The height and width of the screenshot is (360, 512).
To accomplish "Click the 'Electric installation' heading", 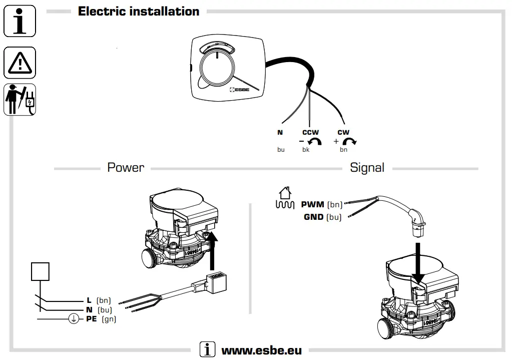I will click(x=139, y=12).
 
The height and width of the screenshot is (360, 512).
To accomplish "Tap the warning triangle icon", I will click(x=20, y=63).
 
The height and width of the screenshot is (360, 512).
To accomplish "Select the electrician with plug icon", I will click(x=20, y=99).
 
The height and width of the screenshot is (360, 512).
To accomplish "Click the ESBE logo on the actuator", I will click(x=239, y=90).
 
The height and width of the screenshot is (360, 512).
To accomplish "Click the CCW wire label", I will click(x=310, y=133).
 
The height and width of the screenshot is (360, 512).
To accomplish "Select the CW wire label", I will click(x=343, y=133).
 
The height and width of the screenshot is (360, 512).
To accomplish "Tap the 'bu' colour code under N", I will click(x=281, y=150).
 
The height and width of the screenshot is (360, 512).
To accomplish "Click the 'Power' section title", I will click(x=126, y=168).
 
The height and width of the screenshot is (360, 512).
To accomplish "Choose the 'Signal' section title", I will click(x=367, y=168).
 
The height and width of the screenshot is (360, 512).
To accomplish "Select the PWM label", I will click(x=312, y=204).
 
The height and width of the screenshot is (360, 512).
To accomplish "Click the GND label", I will click(x=313, y=217).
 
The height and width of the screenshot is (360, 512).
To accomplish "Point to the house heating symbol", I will click(x=284, y=198).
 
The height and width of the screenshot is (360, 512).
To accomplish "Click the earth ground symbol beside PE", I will click(x=74, y=319).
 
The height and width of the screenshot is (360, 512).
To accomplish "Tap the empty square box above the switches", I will click(x=41, y=271).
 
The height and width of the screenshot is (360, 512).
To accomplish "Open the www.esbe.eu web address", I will click(x=261, y=350).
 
